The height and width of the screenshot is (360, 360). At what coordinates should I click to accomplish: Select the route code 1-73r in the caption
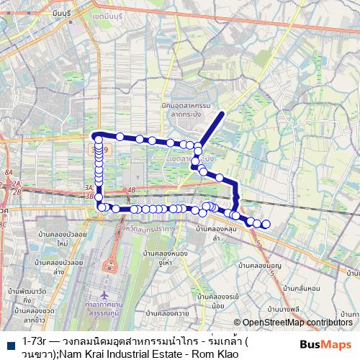35,338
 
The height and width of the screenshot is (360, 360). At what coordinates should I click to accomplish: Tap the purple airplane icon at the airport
106,296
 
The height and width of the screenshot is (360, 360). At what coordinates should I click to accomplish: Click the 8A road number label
9,174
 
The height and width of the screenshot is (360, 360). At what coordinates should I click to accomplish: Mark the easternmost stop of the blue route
266,224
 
